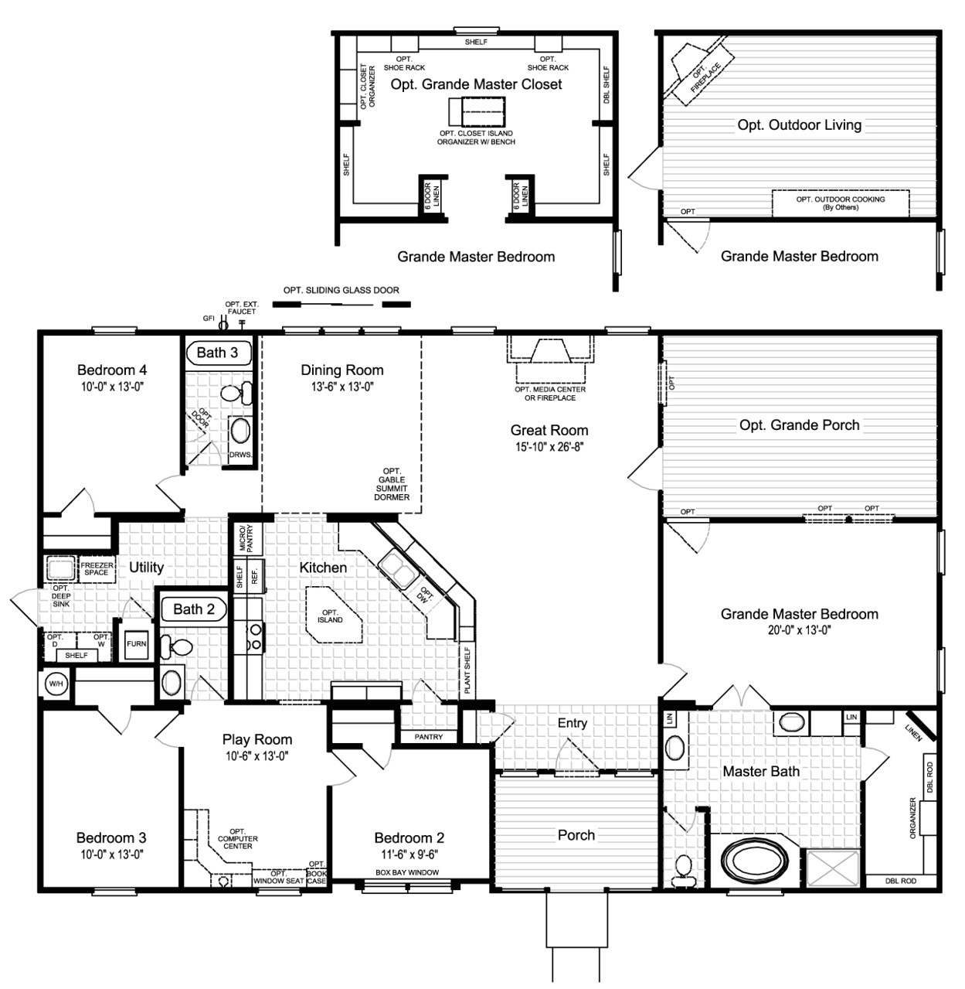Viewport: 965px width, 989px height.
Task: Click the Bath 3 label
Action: tap(218, 353)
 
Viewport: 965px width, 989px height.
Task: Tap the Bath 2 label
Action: tap(194, 609)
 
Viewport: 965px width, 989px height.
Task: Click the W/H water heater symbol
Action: tap(56, 684)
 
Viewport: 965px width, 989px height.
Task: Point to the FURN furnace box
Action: tap(136, 643)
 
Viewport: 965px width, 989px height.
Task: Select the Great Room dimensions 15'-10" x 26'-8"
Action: tap(549, 447)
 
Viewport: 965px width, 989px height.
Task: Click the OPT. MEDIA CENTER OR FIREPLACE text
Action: tap(550, 394)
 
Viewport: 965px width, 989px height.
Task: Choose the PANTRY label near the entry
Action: tap(429, 737)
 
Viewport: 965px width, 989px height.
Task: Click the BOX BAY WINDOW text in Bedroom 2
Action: tap(407, 872)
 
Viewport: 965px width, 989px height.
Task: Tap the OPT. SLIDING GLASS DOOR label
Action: tap(341, 291)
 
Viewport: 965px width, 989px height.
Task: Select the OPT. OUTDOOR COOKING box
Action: tap(841, 203)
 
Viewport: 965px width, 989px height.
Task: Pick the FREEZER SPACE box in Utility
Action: tap(97, 569)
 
